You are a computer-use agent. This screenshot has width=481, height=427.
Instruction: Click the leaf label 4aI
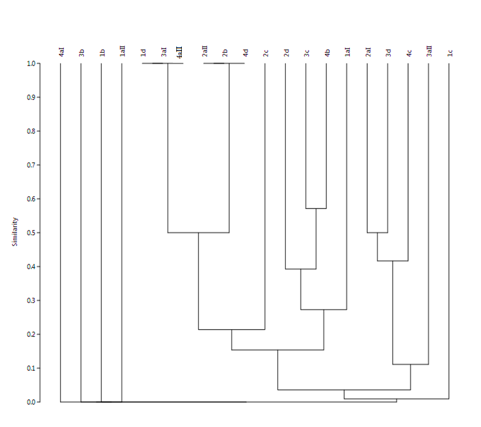point(61,53)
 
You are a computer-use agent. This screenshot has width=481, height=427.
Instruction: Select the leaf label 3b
point(81,53)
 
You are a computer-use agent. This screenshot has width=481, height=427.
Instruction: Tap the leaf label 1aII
point(122,52)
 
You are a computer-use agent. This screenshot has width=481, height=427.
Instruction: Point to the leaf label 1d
point(143,53)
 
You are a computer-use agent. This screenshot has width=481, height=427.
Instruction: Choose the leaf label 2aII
point(204,52)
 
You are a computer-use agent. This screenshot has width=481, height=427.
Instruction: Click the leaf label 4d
point(245,53)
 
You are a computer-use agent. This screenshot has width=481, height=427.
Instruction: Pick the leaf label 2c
point(265,53)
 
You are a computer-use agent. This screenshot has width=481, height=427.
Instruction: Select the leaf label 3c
point(306,53)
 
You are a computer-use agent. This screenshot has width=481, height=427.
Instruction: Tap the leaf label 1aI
point(347,53)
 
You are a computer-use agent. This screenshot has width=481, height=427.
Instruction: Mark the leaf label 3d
point(388,53)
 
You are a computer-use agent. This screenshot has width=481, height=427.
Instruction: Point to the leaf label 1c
point(449,53)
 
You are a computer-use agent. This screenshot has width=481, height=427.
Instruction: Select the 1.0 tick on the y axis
point(31,63)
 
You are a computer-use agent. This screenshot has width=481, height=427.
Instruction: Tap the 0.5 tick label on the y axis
point(31,232)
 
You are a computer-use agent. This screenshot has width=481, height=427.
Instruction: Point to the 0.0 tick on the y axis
point(31,402)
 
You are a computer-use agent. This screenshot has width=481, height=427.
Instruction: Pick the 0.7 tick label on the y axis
point(31,165)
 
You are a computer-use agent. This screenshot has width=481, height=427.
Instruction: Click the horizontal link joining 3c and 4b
point(316,208)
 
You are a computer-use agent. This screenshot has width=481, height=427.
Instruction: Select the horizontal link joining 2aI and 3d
point(378,232)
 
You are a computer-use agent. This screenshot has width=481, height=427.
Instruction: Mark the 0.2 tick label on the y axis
point(31,334)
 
